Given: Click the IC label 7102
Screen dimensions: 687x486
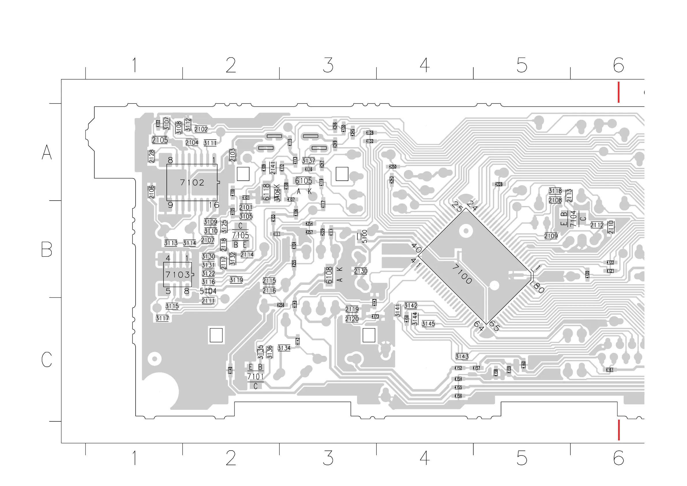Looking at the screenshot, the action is tap(192, 183).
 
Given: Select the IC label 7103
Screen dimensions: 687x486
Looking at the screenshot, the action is tap(177, 274).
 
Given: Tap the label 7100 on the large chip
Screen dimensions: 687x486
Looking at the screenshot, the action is tap(462, 274).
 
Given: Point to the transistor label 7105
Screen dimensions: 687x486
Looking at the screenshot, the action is tap(240, 235).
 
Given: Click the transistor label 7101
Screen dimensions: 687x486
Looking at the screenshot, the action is tap(255, 377).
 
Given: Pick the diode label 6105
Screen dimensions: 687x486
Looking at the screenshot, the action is tap(303, 181).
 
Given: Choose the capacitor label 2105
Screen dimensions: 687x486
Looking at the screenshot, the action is tap(160, 140).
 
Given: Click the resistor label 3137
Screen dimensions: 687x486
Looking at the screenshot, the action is tap(309, 161).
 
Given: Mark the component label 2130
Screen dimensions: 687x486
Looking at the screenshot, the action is tap(361, 271).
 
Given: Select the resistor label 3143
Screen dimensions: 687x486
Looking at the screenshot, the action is tap(462, 356).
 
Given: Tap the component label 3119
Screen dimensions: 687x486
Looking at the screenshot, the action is tap(236, 280).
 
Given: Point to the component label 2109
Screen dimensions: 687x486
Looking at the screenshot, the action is tap(551, 236).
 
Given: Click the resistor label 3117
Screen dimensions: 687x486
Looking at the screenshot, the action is tap(162, 318).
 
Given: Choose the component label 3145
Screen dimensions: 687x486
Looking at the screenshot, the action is tap(428, 324).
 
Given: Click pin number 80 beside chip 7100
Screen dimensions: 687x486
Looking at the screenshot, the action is tap(538, 288).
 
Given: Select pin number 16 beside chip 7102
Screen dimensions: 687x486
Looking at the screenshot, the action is tap(214, 205).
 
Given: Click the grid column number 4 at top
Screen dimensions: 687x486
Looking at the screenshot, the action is tap(425, 65).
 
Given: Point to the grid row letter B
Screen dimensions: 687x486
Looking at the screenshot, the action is tap(47, 249).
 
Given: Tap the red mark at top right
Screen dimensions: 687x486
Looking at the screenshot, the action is tap(618, 92).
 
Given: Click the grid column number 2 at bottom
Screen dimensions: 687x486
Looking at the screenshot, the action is tap(231, 458).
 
